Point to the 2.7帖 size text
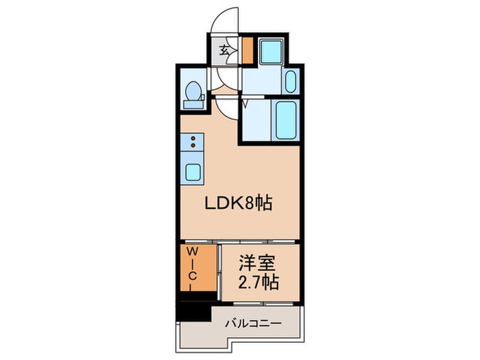tap(259, 283)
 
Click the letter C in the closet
tap(193, 276)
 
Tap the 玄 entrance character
tap(225, 49)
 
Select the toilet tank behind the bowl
tap(194, 104)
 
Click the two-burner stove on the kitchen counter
tap(193, 143)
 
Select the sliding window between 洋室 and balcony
tap(261, 302)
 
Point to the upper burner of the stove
tap(193, 139)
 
